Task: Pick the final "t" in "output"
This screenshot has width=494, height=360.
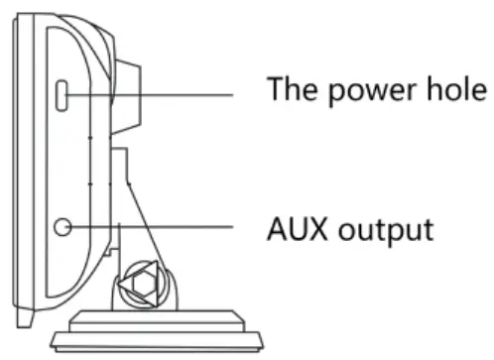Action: [x=427, y=230]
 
